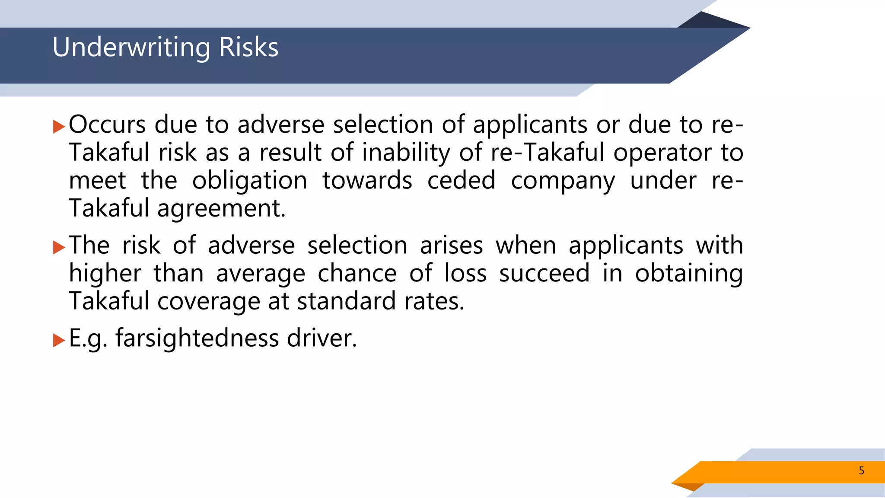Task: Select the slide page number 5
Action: point(861,471)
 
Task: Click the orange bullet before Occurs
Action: point(59,127)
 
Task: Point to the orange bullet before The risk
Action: point(59,247)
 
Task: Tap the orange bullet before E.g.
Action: point(59,340)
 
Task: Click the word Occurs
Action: point(107,124)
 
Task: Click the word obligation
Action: point(249,180)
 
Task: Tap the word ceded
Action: point(461,180)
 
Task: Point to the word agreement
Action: point(221,209)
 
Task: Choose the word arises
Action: point(451,246)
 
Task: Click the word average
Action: point(261,274)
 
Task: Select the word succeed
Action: point(544,273)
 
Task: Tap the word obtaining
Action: point(689,274)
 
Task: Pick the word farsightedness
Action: point(197,338)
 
